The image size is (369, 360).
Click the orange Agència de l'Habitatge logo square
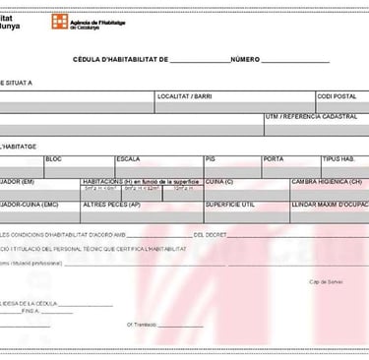pyautogui.click(x=69, y=19)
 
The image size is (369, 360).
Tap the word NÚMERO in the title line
pyautogui.click(x=245, y=60)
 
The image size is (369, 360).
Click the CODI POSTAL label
pyautogui.click(x=338, y=97)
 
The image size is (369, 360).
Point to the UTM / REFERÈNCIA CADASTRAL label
pyautogui.click(x=310, y=116)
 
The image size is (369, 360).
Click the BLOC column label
pyautogui.click(x=54, y=158)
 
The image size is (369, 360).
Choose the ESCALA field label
pyautogui.click(x=128, y=158)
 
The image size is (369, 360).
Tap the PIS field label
pyautogui.click(x=211, y=158)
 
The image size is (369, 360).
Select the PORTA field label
pyautogui.click(x=274, y=158)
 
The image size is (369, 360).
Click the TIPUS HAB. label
pyautogui.click(x=338, y=158)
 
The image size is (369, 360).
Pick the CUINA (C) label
pyautogui.click(x=219, y=182)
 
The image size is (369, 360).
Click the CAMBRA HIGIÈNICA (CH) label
pyautogui.click(x=327, y=182)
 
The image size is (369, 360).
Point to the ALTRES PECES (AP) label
pyautogui.click(x=111, y=205)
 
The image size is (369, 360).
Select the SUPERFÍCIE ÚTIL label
pyautogui.click(x=230, y=205)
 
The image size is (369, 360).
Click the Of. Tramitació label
pyautogui.click(x=143, y=324)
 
